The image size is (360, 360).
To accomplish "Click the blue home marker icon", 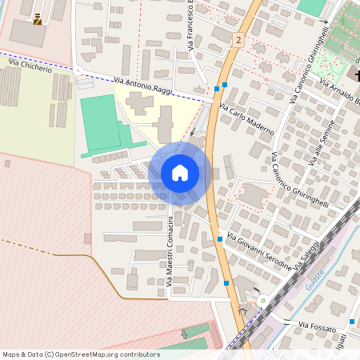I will (180, 173).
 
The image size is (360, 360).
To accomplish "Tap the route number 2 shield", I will (238, 39).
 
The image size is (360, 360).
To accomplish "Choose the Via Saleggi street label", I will (308, 254).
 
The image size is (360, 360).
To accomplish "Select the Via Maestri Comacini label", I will (170, 248).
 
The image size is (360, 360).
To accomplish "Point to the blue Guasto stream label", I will (314, 276).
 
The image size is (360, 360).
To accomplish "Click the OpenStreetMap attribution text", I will (81, 354).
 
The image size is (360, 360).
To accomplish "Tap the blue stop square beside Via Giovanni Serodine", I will (219, 238).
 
